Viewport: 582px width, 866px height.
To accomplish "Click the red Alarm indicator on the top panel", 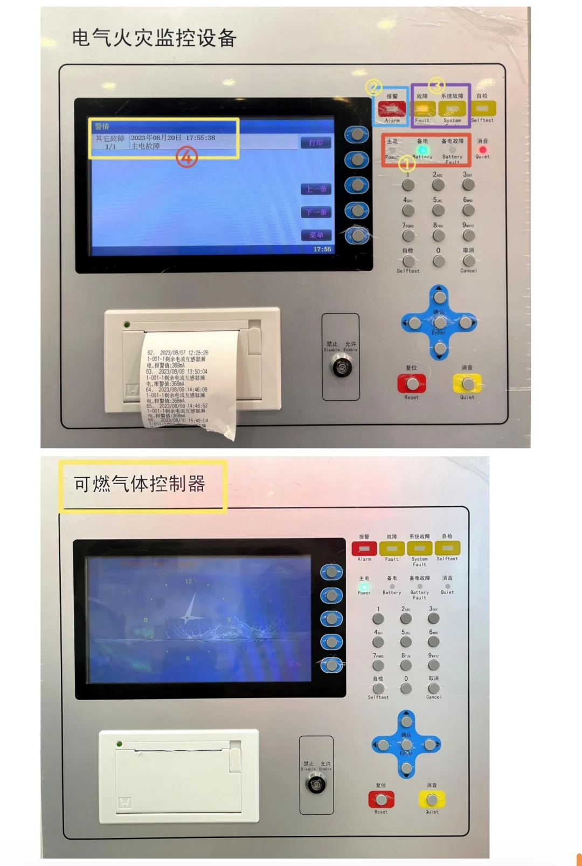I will (x=392, y=109).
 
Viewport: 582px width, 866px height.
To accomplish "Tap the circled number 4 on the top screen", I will (x=186, y=157).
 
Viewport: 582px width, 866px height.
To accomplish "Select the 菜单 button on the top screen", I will (x=316, y=235).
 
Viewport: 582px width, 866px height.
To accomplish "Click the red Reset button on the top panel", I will (x=412, y=384).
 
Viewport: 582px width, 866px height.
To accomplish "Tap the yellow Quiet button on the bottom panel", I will (x=432, y=800).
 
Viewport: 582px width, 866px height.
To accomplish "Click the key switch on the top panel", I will (x=341, y=368).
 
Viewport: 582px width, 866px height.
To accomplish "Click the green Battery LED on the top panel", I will (x=423, y=150).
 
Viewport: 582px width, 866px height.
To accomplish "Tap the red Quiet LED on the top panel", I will (x=482, y=149).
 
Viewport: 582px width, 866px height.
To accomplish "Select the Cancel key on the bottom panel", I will (x=433, y=688).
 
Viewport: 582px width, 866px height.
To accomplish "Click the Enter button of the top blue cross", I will (x=440, y=323).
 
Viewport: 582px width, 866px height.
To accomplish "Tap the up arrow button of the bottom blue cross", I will (x=406, y=721).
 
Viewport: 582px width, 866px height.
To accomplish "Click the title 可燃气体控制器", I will (x=140, y=484).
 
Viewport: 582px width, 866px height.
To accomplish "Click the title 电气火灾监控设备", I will (x=154, y=38).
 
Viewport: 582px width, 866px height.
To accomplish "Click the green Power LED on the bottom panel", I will (x=364, y=586).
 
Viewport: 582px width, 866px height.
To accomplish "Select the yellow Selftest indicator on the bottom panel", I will (x=447, y=548).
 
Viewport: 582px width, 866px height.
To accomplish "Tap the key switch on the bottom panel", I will (x=316, y=784).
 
